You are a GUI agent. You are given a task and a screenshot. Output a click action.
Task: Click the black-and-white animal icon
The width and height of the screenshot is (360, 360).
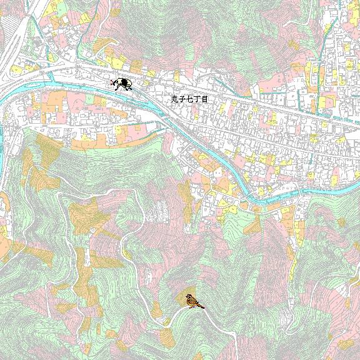121,84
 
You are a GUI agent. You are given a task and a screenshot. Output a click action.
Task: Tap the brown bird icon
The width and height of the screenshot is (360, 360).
194,301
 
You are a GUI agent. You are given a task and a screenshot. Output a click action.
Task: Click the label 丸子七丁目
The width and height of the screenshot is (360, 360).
189,99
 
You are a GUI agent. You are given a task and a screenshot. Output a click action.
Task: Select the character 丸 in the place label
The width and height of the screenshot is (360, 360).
175,99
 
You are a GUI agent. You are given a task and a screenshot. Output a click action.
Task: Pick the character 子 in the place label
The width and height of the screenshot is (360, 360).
182,99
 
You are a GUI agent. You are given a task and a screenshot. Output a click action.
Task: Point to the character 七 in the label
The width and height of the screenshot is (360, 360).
189,99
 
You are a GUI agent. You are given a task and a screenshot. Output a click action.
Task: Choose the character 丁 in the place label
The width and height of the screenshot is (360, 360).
196,99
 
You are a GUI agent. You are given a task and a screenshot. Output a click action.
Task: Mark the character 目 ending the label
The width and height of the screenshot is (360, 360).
204,99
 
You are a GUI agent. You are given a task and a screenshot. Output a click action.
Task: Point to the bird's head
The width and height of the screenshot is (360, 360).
189,296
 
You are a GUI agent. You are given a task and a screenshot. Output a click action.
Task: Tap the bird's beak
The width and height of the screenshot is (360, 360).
186,297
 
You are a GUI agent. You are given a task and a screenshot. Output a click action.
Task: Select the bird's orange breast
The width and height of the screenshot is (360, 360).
191,302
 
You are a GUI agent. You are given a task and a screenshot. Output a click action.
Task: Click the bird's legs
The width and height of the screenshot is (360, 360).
193,307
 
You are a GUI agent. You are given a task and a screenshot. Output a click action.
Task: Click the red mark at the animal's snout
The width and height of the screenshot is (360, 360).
111,82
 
